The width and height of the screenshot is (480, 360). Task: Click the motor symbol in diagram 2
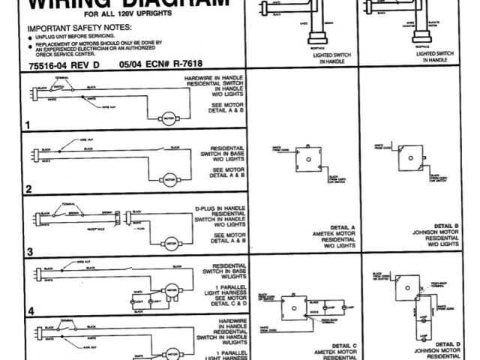(169, 180)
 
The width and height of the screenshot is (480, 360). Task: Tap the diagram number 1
(28, 125)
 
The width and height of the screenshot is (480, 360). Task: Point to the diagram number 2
(28, 189)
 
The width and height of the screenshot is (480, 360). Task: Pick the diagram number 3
(29, 252)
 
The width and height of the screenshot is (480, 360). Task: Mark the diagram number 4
(30, 310)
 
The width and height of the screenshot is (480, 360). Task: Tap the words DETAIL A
(342, 226)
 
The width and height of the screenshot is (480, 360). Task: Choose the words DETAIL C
(342, 345)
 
